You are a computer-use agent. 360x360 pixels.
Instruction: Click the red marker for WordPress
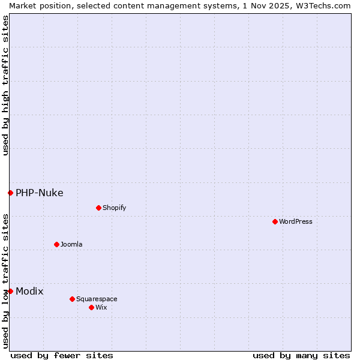[x=275, y=221]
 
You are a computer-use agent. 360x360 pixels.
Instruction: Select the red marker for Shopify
[x=98, y=208]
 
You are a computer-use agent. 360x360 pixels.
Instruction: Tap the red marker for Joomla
[x=56, y=244]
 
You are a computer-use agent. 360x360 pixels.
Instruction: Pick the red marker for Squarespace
[x=72, y=299]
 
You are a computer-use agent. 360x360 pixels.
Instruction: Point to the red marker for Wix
[x=91, y=307]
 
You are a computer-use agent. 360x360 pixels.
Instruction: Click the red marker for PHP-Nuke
[x=10, y=193]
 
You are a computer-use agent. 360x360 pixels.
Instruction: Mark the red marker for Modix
[x=10, y=291]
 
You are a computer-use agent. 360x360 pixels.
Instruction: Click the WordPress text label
[x=296, y=221]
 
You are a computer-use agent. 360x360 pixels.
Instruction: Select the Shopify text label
[x=114, y=208]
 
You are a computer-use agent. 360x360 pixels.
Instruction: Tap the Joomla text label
[x=71, y=244]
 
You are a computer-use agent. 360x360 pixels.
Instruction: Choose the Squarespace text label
[x=97, y=299]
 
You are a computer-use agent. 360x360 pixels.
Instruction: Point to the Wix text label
[x=101, y=307]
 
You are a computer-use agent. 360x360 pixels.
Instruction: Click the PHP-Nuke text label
[x=40, y=193]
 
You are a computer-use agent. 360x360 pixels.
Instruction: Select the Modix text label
[x=29, y=291]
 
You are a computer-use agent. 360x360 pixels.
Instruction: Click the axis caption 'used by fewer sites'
[x=62, y=355]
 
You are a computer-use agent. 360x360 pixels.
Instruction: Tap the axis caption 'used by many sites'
[x=301, y=355]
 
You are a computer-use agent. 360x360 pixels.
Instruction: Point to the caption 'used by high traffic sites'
[x=5, y=85]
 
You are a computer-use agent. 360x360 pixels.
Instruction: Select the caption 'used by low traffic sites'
[x=5, y=280]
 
